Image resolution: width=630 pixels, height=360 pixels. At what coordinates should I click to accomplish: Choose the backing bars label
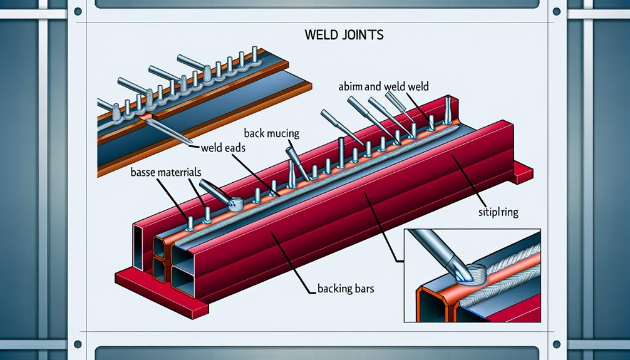[344, 289]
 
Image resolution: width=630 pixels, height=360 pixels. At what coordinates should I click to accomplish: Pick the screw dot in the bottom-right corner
[553, 344]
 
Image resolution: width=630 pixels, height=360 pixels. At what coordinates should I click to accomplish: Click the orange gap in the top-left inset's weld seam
[145, 116]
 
